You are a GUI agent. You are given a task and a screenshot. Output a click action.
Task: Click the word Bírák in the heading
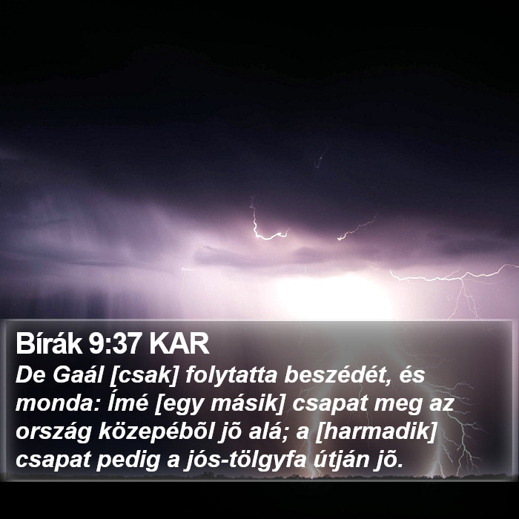(x=49, y=343)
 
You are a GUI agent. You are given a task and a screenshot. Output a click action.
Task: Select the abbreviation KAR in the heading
(x=179, y=343)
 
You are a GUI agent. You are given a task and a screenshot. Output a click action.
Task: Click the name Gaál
(x=78, y=375)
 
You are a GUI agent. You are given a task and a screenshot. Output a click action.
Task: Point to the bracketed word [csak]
(x=144, y=376)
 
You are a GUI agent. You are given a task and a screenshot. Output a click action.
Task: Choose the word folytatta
(x=231, y=376)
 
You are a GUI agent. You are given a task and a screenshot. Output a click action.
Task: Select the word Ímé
(x=128, y=403)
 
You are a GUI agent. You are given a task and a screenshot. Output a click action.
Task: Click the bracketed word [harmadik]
(x=377, y=432)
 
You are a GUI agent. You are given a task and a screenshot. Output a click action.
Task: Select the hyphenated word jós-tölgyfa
(x=245, y=460)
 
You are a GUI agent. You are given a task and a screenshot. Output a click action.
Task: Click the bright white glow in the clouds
(x=334, y=297)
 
